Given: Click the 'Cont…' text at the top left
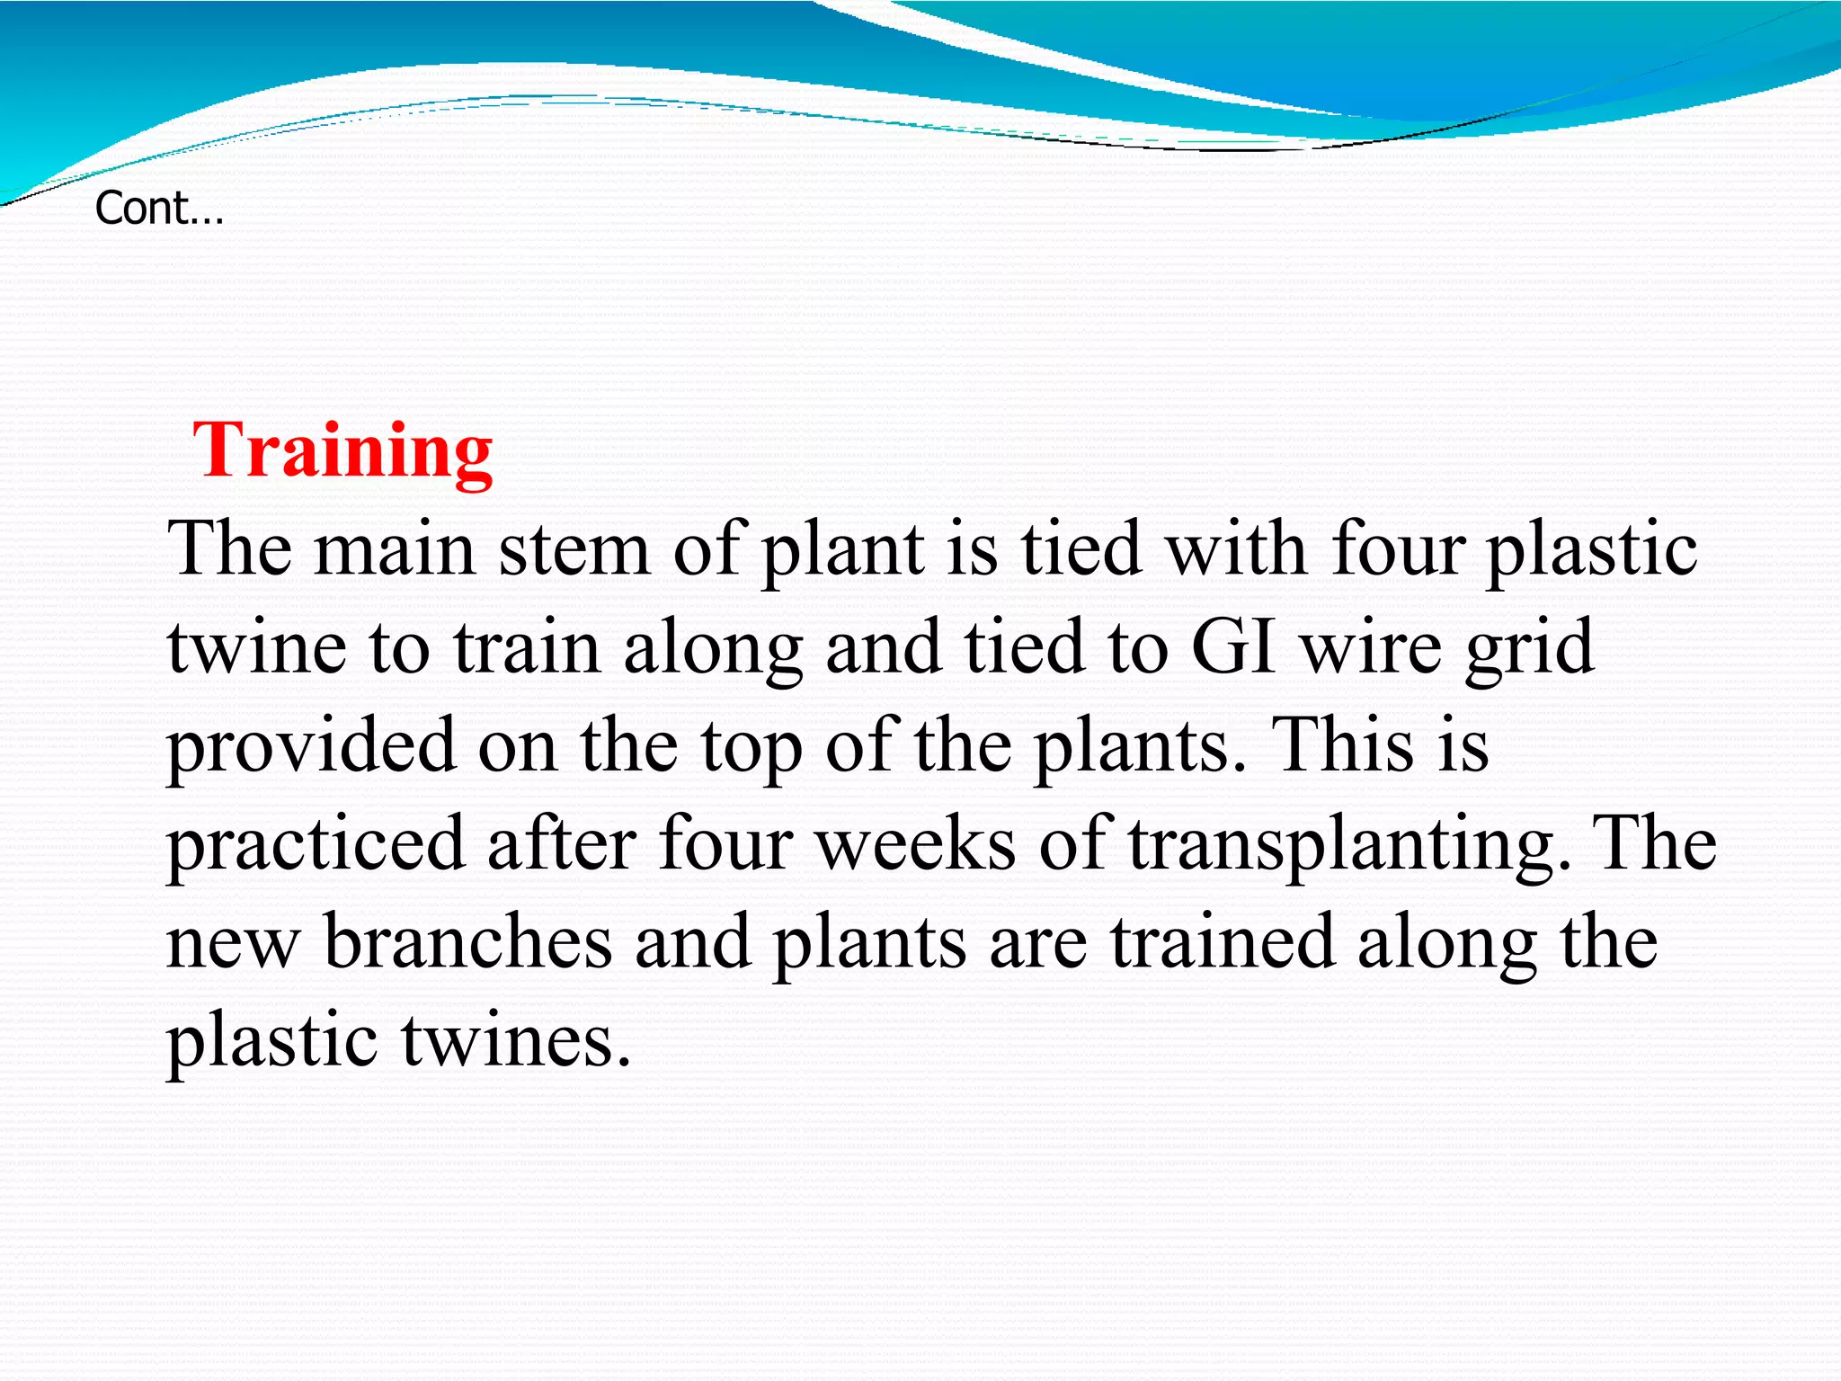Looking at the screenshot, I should [x=159, y=209].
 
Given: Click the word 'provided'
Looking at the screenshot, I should [x=311, y=746].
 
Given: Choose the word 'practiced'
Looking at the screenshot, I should [x=316, y=845].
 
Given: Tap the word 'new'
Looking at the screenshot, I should [x=232, y=944].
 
